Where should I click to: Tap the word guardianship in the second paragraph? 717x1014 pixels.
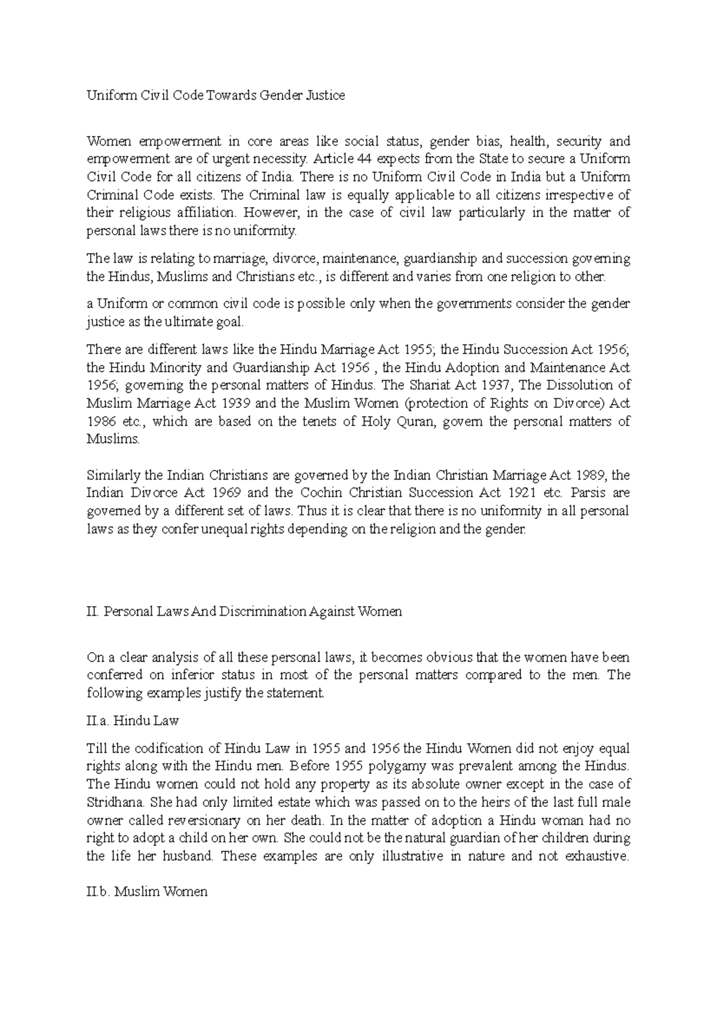pos(440,259)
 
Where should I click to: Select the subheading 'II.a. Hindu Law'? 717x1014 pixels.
pos(133,721)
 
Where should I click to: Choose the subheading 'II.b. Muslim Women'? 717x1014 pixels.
pos(147,892)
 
